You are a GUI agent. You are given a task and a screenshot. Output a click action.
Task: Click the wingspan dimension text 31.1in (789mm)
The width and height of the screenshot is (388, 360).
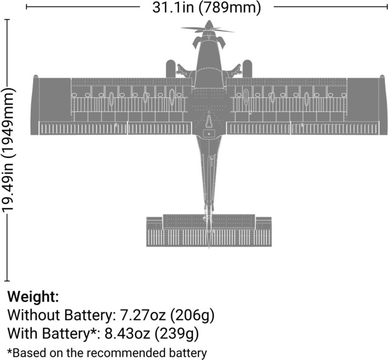[x=207, y=7]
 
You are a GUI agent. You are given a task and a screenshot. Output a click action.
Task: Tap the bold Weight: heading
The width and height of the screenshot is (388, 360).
[x=33, y=296]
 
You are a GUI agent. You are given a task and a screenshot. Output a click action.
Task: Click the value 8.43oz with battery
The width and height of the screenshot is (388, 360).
[x=127, y=334]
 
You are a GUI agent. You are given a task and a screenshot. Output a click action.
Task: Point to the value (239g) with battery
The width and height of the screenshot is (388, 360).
[x=177, y=334]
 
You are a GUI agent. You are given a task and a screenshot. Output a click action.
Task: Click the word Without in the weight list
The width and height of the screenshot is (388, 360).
[x=34, y=315]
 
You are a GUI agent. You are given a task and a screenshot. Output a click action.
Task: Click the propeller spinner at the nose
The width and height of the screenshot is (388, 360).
[x=209, y=25]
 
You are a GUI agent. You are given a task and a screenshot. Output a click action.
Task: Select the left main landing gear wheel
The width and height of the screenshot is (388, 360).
[x=171, y=69]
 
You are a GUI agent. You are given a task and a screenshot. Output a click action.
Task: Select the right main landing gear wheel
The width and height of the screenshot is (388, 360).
[x=247, y=69]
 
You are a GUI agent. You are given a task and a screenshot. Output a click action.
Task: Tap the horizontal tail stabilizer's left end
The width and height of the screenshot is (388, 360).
[x=147, y=232]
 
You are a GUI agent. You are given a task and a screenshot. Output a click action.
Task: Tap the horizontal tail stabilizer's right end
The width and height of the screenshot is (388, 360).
[x=271, y=232]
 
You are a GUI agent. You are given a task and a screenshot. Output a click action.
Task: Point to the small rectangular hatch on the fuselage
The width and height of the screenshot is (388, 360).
[x=209, y=134]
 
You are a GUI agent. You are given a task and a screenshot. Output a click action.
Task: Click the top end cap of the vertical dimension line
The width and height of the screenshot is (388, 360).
[x=7, y=19]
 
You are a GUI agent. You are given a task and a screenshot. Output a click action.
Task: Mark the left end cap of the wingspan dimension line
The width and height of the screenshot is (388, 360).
[x=26, y=7]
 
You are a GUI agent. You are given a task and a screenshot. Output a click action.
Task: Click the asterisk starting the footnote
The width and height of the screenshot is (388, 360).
[x=10, y=351]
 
